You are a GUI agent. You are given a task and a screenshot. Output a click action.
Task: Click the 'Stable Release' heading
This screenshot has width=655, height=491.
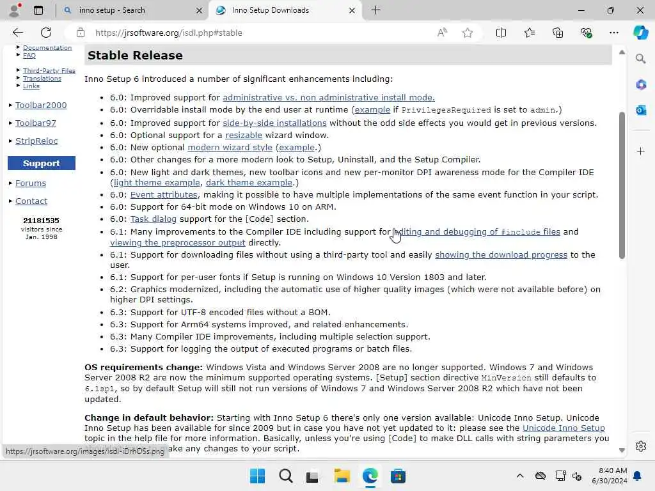point(135,56)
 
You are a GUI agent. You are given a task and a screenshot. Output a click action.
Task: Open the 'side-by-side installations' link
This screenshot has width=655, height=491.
point(274,123)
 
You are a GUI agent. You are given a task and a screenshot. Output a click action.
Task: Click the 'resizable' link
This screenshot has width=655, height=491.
point(243,135)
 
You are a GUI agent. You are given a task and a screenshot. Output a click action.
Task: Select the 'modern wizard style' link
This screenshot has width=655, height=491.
point(230,147)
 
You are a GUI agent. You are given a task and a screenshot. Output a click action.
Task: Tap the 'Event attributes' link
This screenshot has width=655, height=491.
point(164,194)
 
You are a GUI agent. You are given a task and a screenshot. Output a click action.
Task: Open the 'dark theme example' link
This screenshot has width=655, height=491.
point(249,182)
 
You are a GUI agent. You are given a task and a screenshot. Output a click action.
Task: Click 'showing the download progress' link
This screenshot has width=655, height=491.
point(501,254)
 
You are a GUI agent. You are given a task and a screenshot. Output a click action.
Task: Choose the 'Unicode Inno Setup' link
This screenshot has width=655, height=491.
point(563,428)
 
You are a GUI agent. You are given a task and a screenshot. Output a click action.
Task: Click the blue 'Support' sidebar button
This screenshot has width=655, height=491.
point(42,163)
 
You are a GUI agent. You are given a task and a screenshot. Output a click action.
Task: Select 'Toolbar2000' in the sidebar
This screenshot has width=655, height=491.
point(41,105)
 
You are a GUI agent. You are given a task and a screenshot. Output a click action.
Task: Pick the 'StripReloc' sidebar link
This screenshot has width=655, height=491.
point(36,141)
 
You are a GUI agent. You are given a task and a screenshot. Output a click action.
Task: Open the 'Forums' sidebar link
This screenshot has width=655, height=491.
point(31,183)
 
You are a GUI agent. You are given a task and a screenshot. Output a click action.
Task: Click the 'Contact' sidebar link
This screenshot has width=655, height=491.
point(31,201)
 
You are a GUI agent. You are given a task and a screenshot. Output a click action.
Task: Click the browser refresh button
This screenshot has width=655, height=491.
point(46,33)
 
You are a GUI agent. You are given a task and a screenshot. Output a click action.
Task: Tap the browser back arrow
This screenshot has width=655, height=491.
point(18,33)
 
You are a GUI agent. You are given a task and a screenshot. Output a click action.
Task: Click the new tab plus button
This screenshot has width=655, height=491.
point(376,10)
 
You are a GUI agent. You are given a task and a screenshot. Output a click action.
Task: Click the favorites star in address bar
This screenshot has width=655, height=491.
point(468,33)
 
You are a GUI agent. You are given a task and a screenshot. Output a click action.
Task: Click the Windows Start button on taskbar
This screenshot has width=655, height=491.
point(258,476)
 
